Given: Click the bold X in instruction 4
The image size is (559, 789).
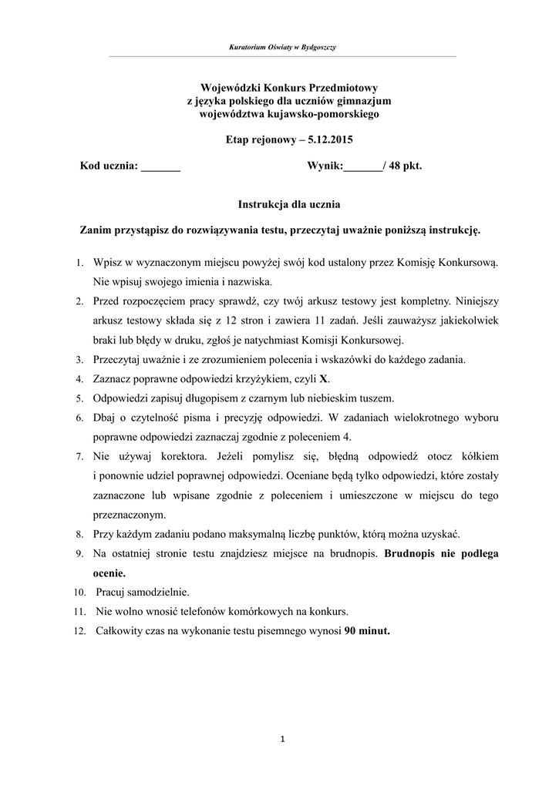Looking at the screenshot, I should pyautogui.click(x=324, y=379).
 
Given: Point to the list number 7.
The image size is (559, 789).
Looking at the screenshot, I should pyautogui.click(x=79, y=457).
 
